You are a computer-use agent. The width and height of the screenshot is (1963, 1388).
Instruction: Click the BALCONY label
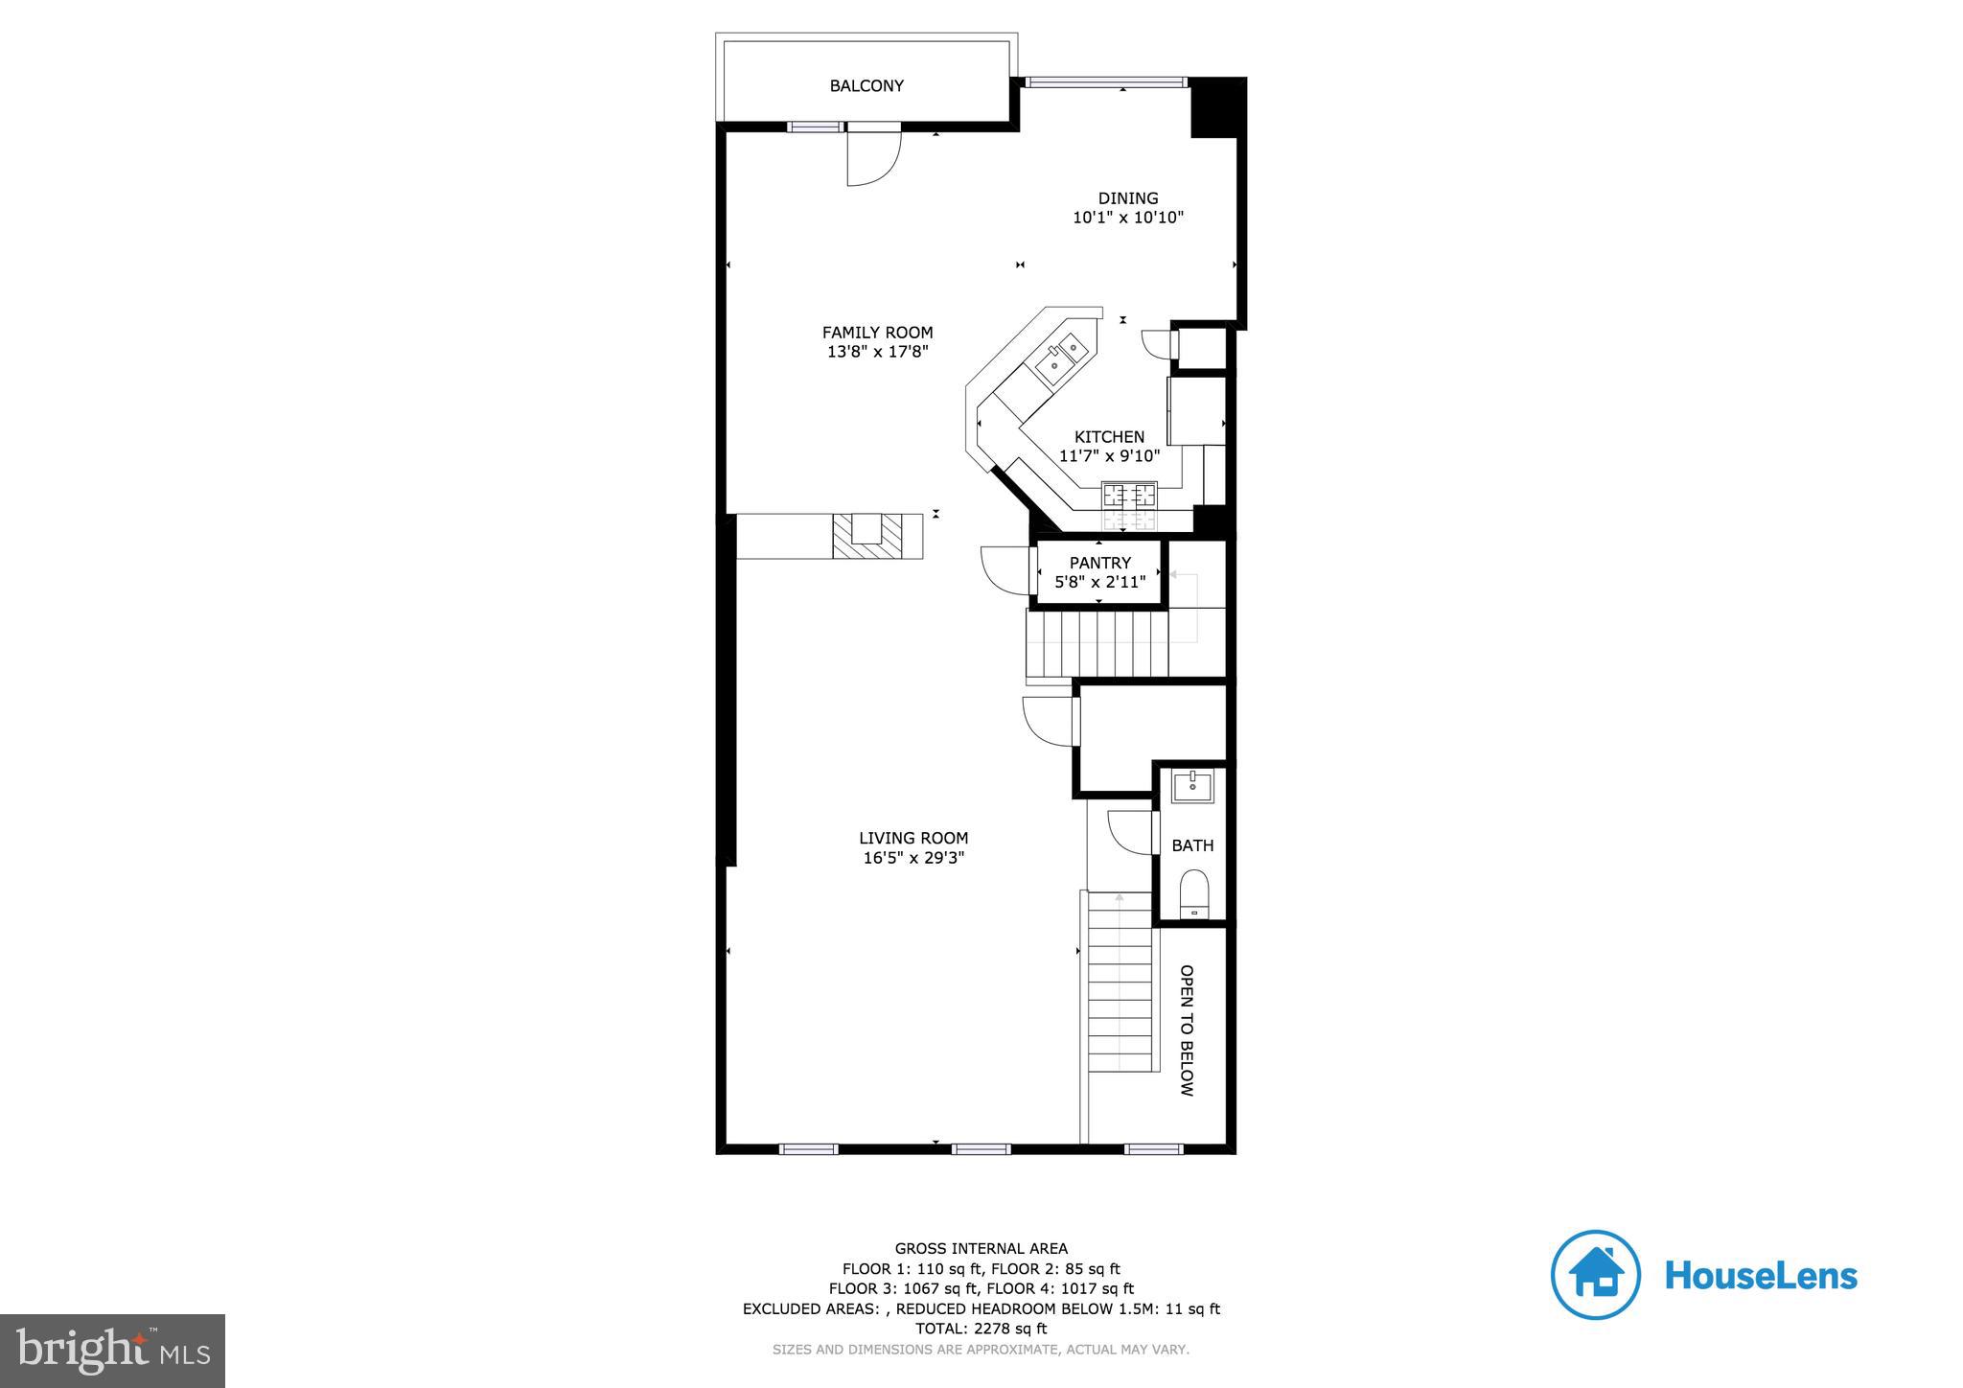click(866, 86)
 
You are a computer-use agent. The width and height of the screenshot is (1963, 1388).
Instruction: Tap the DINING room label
click(1128, 198)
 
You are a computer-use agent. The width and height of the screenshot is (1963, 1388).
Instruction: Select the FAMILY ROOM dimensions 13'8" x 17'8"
click(877, 352)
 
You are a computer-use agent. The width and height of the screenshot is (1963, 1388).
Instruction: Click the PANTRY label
click(1099, 563)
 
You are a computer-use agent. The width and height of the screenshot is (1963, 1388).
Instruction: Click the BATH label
click(1192, 845)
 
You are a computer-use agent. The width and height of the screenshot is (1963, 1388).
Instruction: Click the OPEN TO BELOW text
click(1186, 1029)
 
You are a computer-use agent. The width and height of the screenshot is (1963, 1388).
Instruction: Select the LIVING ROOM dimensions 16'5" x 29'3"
click(913, 858)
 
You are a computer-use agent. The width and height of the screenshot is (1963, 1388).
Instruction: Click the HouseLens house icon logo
click(1595, 1275)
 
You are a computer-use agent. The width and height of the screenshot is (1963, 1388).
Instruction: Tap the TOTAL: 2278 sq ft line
click(981, 1329)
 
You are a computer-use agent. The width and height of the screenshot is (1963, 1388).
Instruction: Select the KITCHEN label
click(1109, 437)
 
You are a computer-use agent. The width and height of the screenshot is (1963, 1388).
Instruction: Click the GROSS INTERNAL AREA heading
click(981, 1248)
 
